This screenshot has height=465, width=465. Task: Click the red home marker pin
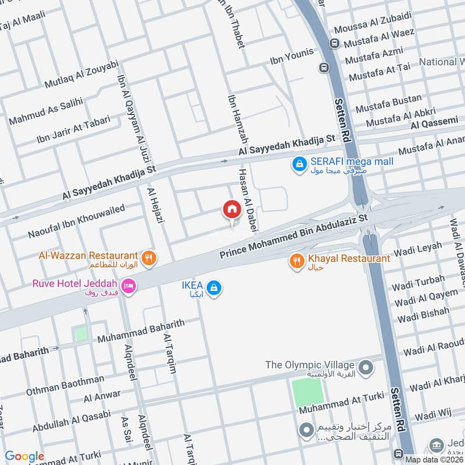(x=231, y=210)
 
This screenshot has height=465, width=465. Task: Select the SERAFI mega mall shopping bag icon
(x=299, y=165)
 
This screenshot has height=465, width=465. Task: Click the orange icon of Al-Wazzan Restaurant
(x=149, y=257)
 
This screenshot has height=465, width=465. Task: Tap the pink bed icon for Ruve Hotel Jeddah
(x=128, y=286)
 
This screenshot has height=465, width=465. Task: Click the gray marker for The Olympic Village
(x=366, y=367)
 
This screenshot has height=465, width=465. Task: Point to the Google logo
(x=24, y=456)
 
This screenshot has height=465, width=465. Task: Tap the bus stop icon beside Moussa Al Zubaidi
(x=334, y=43)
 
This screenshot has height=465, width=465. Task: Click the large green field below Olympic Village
(x=307, y=392)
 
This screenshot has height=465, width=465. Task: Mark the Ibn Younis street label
(x=291, y=57)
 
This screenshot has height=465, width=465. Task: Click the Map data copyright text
(x=434, y=459)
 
